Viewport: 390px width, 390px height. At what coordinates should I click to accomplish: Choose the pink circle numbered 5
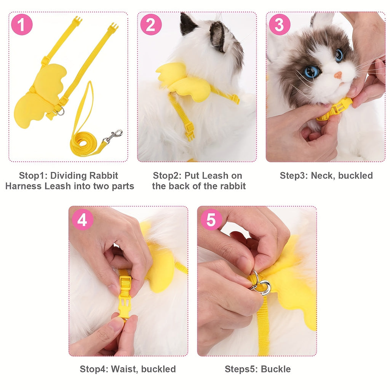pos(211,220)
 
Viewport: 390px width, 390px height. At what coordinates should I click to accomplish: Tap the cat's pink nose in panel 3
pos(338,75)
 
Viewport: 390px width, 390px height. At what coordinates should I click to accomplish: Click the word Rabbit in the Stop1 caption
pos(103,176)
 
